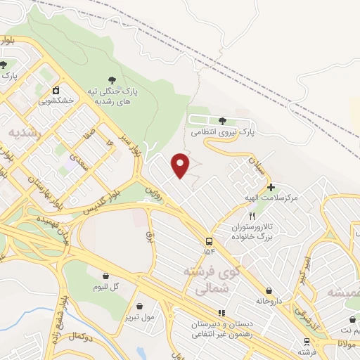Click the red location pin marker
coord(181,165)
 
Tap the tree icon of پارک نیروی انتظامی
coord(223,122)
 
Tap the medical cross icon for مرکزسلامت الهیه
coord(270,188)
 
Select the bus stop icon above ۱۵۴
coord(209,240)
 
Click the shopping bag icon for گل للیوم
coord(106,276)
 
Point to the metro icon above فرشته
coord(305,341)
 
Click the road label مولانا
coord(348,345)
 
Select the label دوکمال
coord(82,337)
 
